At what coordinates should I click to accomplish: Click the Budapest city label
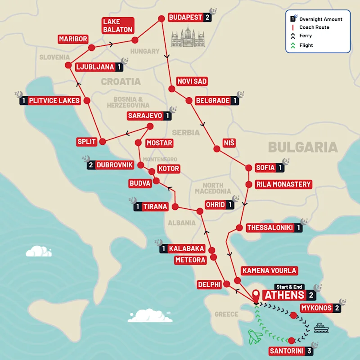point(185,18)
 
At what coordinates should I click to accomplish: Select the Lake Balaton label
point(117,26)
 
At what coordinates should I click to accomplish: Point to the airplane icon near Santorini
point(255,336)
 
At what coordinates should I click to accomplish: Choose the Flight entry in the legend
point(306,45)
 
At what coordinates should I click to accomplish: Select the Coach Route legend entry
point(314,27)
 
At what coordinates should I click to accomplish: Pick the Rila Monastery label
point(283,184)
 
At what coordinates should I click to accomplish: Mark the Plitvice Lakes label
point(54,101)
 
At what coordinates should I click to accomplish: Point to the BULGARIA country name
point(302,147)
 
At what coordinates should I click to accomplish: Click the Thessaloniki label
point(270,228)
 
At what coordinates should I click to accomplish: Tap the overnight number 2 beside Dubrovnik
point(90,165)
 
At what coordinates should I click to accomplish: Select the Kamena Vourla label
point(269,270)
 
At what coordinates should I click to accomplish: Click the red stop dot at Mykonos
point(294,316)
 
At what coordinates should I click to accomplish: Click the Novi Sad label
point(192,81)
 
